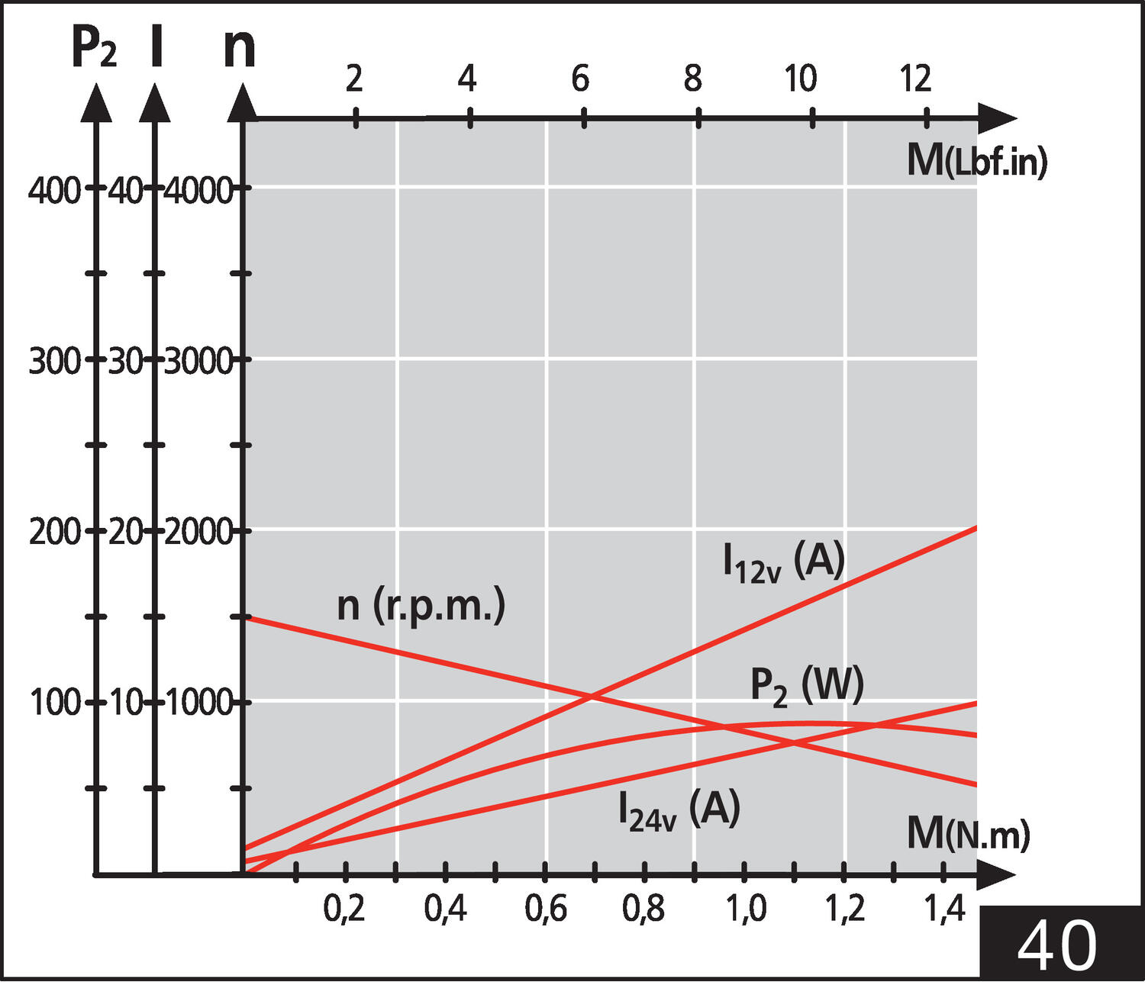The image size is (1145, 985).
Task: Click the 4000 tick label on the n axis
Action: pos(198,192)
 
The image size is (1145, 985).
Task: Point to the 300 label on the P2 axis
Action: pos(55,362)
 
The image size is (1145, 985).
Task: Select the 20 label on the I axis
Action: pos(126,533)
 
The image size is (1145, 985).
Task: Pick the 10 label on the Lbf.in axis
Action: pos(801,78)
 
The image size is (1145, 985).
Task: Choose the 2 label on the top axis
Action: pos(354,78)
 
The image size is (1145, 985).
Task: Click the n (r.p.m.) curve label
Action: pos(421,607)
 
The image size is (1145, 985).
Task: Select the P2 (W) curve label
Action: pos(807,687)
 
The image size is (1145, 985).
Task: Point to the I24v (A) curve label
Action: pos(679,810)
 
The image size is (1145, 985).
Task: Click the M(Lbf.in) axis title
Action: pos(977,161)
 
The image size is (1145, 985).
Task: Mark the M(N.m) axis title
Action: pos(969,834)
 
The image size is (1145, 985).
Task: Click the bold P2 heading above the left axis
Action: pos(94,48)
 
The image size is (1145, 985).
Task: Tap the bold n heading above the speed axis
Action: pos(239,50)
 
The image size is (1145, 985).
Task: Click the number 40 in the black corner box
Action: pos(1056,945)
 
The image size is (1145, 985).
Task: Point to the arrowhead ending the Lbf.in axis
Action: pos(997,118)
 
